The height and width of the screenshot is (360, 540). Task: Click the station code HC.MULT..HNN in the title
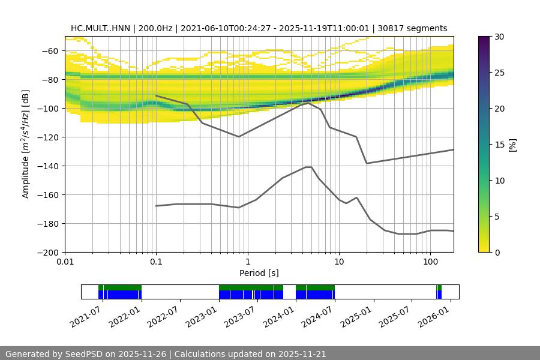[x=99, y=28]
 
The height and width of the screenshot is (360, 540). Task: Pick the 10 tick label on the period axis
[x=339, y=262]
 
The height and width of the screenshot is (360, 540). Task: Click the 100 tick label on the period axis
[x=430, y=262]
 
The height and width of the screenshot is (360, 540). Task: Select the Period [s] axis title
[x=259, y=273]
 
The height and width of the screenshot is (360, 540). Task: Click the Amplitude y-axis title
[x=25, y=144]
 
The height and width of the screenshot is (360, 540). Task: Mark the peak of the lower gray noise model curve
[x=308, y=167]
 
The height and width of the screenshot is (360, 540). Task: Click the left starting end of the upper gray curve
[x=156, y=95]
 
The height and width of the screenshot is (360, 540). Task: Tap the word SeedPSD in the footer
[x=85, y=354]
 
